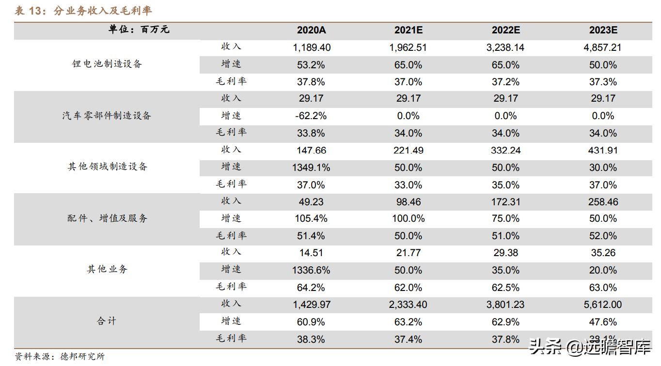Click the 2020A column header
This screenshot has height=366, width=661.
tap(311, 30)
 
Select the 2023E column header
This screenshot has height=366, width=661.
tap(603, 30)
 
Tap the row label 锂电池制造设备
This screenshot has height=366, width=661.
tap(107, 64)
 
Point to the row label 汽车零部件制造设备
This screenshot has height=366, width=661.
tap(107, 116)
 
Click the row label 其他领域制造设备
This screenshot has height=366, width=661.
tap(107, 167)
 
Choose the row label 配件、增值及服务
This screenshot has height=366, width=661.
tap(107, 218)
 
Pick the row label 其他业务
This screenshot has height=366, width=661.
tap(107, 270)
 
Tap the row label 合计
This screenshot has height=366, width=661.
tap(107, 321)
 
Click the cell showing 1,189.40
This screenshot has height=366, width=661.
tap(311, 47)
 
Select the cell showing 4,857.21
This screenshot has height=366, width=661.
tap(603, 47)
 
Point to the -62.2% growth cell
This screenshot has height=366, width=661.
tap(311, 116)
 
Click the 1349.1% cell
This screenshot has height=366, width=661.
tap(311, 168)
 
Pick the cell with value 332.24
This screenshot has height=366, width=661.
tap(505, 151)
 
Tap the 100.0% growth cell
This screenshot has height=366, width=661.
tap(408, 219)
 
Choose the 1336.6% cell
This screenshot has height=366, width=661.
tap(311, 270)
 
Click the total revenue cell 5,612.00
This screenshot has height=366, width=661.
tap(603, 305)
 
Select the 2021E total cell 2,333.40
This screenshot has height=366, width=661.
tap(408, 305)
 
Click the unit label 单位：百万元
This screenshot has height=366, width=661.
tap(139, 30)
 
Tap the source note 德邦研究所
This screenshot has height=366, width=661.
tap(82, 357)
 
